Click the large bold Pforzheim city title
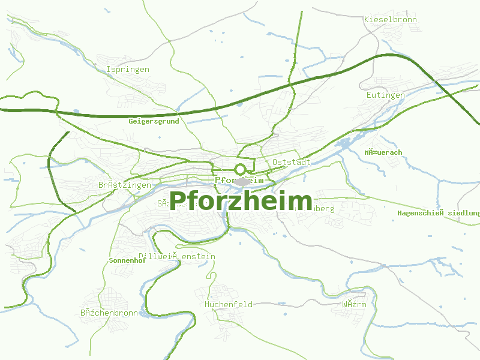(x=241, y=200)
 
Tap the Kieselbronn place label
(x=390, y=19)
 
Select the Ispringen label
(x=127, y=70)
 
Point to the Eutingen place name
(x=385, y=95)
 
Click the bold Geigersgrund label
(x=154, y=121)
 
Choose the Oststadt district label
(x=290, y=162)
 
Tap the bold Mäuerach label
(x=383, y=152)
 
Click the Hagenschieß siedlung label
(x=439, y=213)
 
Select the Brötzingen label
(x=125, y=185)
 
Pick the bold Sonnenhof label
(x=127, y=261)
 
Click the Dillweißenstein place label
(x=176, y=257)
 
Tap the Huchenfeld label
(x=228, y=304)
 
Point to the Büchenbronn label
(x=109, y=313)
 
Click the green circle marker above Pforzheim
(x=241, y=169)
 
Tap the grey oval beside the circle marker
(x=242, y=181)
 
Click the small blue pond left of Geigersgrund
(x=76, y=112)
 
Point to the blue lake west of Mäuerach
(x=345, y=144)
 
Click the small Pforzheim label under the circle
(x=239, y=180)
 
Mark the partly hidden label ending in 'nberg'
(x=323, y=209)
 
